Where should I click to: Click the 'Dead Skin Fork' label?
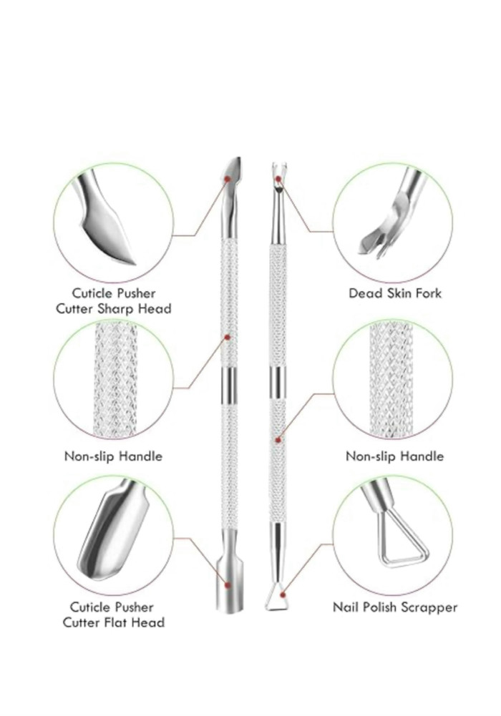coord(395,293)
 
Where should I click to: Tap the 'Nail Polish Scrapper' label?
coord(395,607)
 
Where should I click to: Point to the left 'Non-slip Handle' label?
coord(113,456)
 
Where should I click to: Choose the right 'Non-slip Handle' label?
coord(394,456)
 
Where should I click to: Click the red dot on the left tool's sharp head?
coord(227,180)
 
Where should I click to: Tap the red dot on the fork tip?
coord(278,179)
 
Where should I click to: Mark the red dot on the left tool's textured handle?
coord(228,337)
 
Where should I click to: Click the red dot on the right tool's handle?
coord(278,440)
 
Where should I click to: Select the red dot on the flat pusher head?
coord(228,584)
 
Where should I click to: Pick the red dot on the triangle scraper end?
coord(283,594)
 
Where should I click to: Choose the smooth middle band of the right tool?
coord(277,382)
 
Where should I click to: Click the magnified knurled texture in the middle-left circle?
coord(115,380)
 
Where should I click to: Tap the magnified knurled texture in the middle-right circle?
coord(391,380)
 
